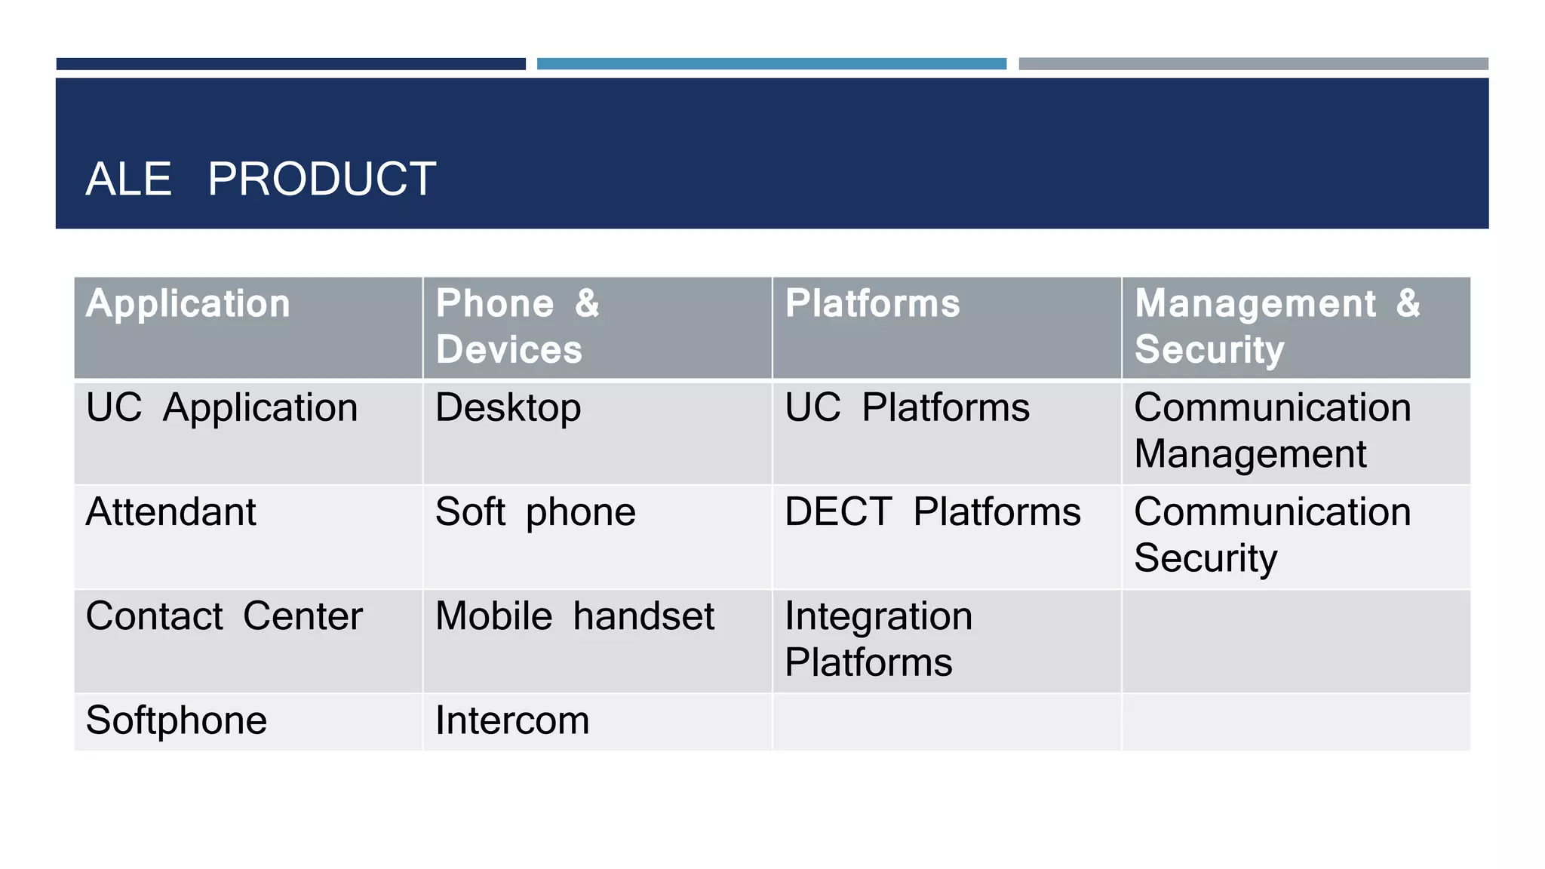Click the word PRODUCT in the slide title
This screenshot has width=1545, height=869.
click(x=321, y=180)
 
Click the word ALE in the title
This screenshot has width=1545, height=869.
click(x=128, y=180)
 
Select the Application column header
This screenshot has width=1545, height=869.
click(x=188, y=304)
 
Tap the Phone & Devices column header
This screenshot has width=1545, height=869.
click(x=518, y=327)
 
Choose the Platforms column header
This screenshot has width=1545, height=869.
click(x=872, y=304)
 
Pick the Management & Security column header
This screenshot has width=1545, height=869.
click(x=1277, y=327)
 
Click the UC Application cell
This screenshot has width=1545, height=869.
click(x=222, y=408)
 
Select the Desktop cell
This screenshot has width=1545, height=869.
click(x=508, y=408)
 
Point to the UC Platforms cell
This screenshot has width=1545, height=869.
click(x=907, y=408)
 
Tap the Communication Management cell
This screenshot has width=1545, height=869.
click(x=1272, y=431)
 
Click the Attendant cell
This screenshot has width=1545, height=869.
click(x=171, y=512)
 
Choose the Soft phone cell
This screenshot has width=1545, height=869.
click(x=536, y=512)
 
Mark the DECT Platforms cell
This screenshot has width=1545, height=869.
click(x=932, y=512)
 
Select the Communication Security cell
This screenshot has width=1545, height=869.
click(x=1272, y=535)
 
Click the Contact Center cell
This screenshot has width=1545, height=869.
click(x=224, y=616)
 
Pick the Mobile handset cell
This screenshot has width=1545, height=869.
click(x=575, y=616)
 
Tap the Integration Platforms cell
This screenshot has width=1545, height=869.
click(x=878, y=639)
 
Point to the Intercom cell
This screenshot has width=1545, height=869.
click(x=512, y=720)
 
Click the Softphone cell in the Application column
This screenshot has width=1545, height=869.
click(x=177, y=720)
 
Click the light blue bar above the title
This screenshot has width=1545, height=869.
click(x=771, y=64)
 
